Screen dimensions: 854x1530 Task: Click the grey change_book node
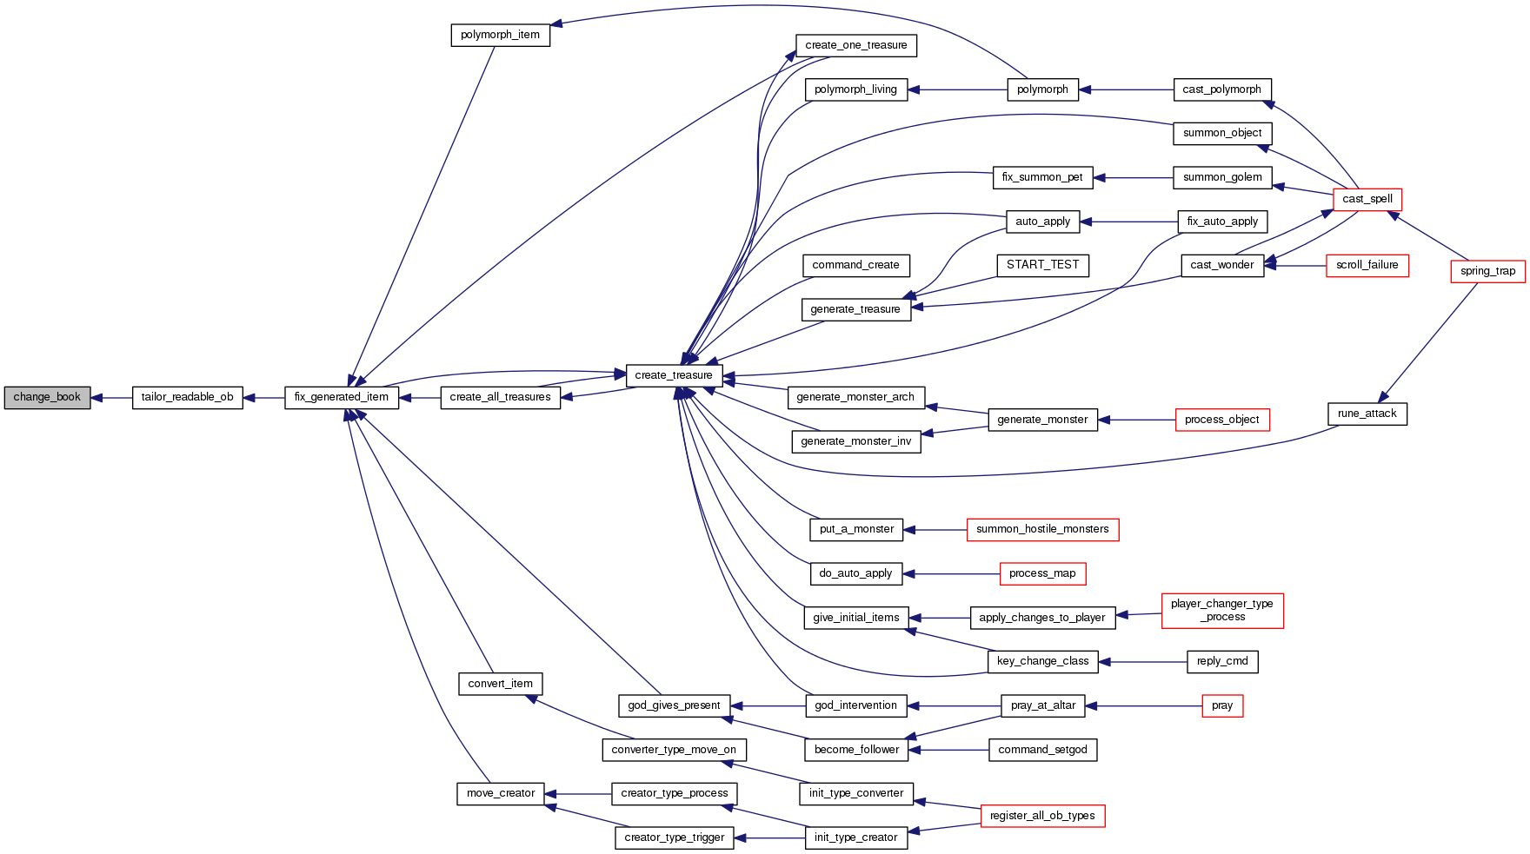(47, 397)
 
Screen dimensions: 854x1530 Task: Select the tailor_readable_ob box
(187, 397)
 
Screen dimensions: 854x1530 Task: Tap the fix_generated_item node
(342, 397)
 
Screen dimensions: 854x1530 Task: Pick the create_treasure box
(674, 375)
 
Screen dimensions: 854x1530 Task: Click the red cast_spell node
(1367, 199)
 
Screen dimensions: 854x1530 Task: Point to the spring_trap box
(1487, 271)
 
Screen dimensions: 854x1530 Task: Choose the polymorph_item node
(500, 35)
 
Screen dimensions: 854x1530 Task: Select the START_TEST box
(1042, 265)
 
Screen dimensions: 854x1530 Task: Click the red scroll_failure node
(1367, 265)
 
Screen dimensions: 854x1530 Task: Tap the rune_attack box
(1367, 414)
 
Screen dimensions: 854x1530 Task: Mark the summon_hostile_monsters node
(1042, 529)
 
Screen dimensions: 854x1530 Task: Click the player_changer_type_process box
(1221, 610)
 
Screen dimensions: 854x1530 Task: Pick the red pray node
(1221, 705)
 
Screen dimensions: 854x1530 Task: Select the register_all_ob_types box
(1042, 816)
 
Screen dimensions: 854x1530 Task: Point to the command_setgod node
(1042, 750)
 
